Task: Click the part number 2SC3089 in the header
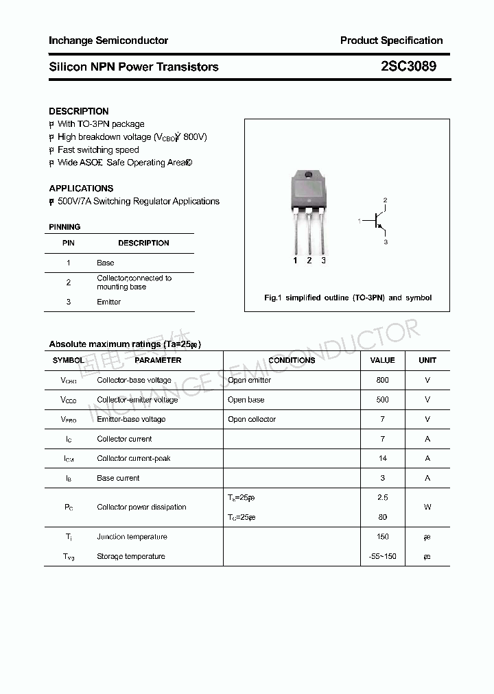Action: [408, 67]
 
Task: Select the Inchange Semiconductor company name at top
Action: [108, 40]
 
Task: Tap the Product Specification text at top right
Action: [391, 40]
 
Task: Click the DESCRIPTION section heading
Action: [79, 111]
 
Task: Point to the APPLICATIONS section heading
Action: [81, 188]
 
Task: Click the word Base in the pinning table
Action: [106, 263]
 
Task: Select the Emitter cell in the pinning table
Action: [108, 302]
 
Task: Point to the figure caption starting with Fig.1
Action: [348, 298]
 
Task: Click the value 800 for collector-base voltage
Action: [382, 380]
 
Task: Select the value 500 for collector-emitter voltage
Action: [382, 399]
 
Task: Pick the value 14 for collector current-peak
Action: [382, 458]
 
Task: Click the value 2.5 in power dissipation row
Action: [382, 497]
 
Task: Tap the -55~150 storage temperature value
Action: [382, 556]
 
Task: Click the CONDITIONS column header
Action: [292, 360]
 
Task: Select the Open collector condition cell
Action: [252, 419]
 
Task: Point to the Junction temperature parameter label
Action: [132, 537]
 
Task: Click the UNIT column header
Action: [427, 360]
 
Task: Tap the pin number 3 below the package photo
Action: [323, 261]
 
